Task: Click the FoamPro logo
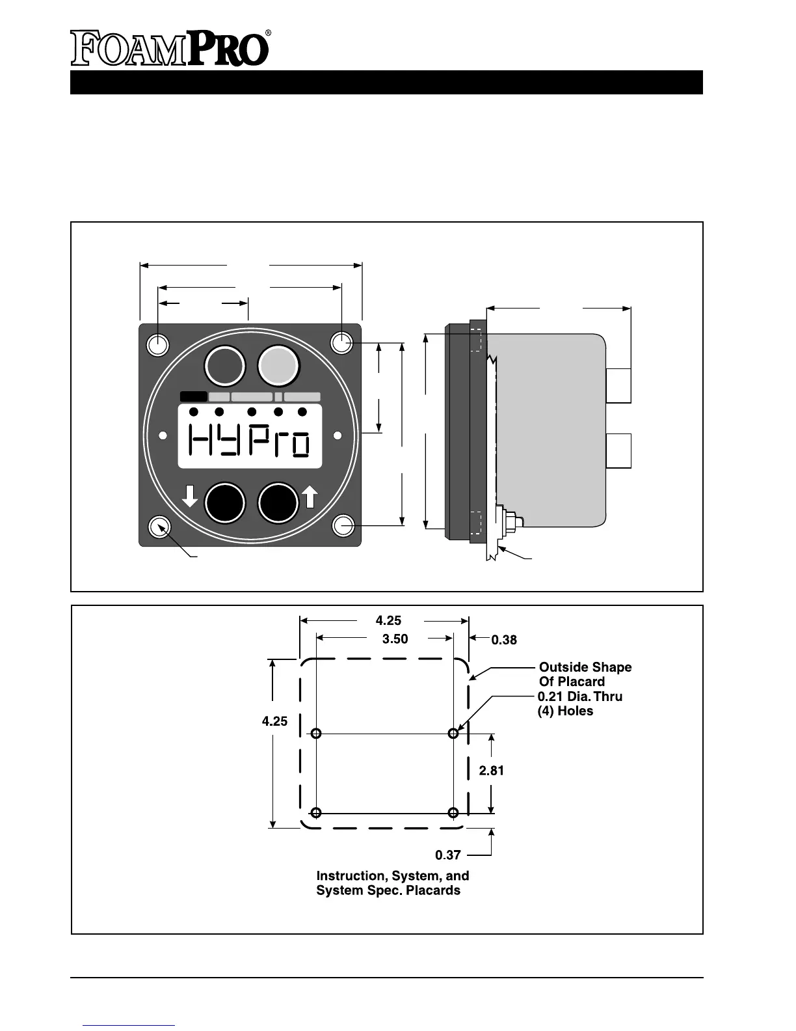point(170,48)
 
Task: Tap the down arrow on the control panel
point(189,496)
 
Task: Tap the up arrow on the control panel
point(310,497)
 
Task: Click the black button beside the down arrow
point(225,502)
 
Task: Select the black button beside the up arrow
point(278,502)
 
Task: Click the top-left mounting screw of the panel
point(158,344)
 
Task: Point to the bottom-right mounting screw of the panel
point(342,525)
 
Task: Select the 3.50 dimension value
point(395,639)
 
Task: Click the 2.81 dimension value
point(491,771)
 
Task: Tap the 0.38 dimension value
point(504,640)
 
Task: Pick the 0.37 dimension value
point(448,855)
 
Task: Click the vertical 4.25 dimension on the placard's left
point(274,721)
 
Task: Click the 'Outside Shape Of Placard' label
point(585,674)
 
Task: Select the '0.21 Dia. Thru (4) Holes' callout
point(579,704)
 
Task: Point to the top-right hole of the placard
point(453,734)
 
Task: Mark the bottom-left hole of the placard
point(316,813)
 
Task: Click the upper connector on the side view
point(618,386)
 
